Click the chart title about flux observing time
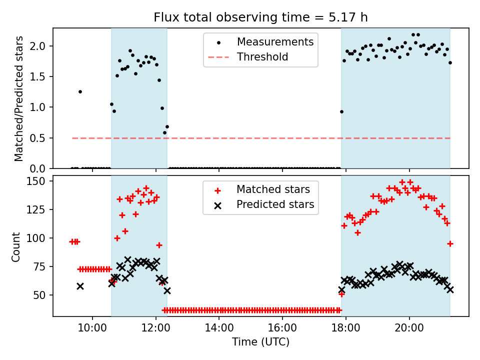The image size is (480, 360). pos(260,17)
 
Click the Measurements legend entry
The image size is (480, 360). pos(275,41)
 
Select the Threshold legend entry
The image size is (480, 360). pos(262,57)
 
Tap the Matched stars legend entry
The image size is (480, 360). pos(273,189)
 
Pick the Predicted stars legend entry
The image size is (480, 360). pos(275,204)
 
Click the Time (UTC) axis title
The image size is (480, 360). pos(260,342)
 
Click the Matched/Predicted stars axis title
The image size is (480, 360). pos(19,98)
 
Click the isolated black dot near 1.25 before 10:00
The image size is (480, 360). pos(80,91)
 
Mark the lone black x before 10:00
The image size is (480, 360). pos(80,286)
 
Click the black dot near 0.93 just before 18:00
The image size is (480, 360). pos(341,111)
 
